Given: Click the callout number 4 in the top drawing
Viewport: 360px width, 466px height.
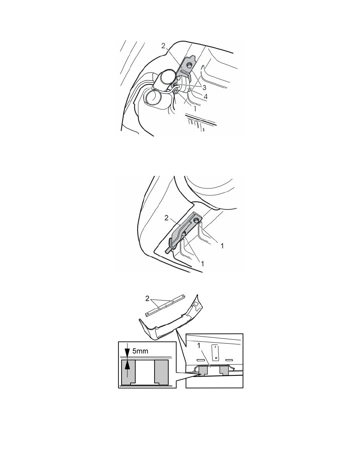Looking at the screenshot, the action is point(205,96).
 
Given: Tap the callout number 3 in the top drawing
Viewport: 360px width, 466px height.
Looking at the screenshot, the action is point(204,87).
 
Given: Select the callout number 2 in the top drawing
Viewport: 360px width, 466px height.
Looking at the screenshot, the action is point(163,46).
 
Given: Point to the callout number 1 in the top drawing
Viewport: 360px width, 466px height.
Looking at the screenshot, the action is point(195,109).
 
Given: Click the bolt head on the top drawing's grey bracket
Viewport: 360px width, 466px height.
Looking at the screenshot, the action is point(189,65).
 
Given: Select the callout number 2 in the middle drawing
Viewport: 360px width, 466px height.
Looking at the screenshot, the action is point(166,218).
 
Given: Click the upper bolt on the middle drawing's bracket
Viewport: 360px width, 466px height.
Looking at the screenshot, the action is point(196,220).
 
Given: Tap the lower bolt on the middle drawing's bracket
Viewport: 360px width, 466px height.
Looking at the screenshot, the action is point(184,234).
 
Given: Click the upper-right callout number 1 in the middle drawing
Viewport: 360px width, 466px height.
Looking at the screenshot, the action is point(222,246).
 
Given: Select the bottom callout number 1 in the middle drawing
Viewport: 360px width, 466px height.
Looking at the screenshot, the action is point(203,263).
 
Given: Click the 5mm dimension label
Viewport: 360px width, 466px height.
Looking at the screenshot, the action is point(140,351).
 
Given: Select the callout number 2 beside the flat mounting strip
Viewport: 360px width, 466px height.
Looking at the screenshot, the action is point(147,299).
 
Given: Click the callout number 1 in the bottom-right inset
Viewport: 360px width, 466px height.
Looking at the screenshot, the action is point(199,346).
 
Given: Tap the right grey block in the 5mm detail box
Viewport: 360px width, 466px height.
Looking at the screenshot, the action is point(161,372).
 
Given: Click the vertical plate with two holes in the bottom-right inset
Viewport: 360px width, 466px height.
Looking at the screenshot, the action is point(216,352).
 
